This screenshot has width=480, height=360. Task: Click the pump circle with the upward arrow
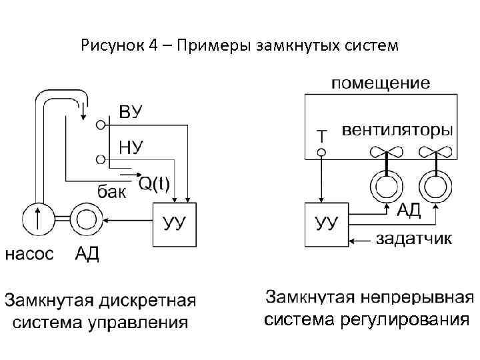coord(38,218)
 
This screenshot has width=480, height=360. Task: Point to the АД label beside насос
coord(87,254)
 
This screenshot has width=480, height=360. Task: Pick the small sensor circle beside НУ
coord(101,159)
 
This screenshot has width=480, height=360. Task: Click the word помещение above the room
coord(381,83)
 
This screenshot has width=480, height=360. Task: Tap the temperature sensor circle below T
coord(321,153)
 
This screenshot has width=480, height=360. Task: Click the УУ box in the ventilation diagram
coord(326,223)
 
